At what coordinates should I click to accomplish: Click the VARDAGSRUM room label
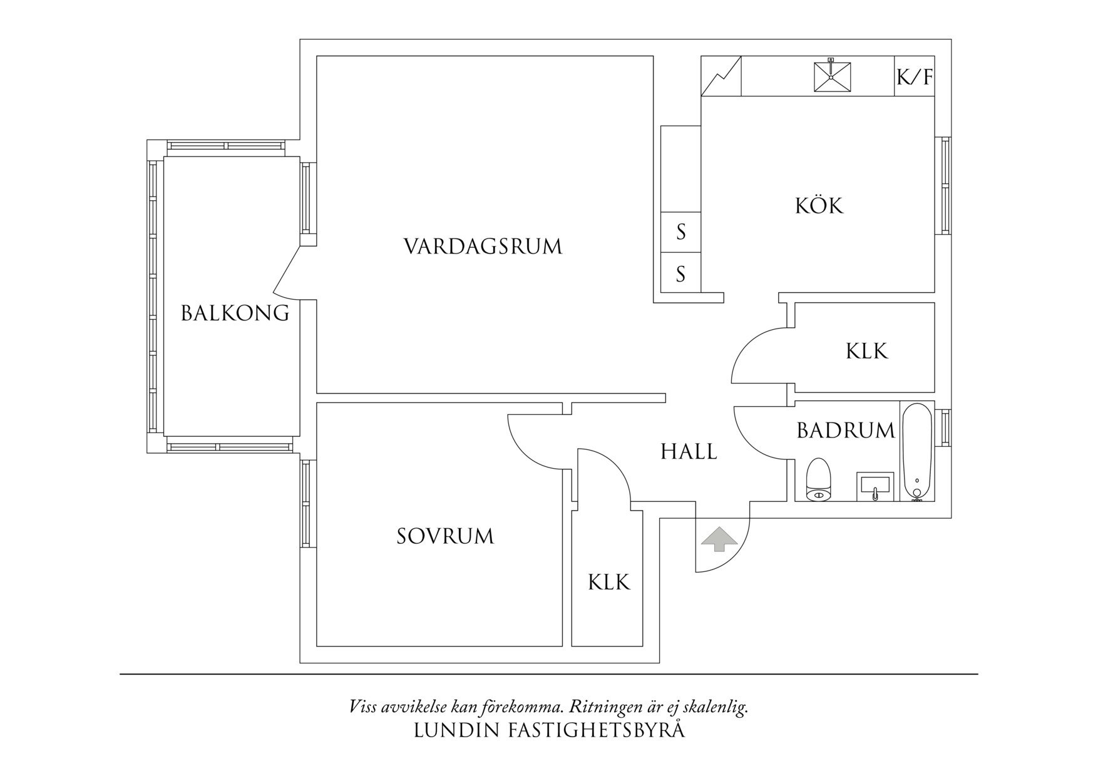click(x=483, y=247)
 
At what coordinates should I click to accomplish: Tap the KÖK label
click(x=819, y=206)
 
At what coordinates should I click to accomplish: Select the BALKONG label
click(x=235, y=313)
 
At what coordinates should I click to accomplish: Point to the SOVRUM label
click(x=445, y=536)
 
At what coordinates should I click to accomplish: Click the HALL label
click(x=689, y=451)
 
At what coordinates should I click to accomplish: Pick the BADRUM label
click(x=846, y=431)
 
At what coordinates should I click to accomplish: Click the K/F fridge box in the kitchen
click(x=915, y=78)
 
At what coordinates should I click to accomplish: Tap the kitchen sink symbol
click(x=832, y=76)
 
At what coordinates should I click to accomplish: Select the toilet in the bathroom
click(x=818, y=480)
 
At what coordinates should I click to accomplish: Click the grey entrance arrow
click(x=719, y=539)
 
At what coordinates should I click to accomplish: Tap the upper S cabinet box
click(x=680, y=232)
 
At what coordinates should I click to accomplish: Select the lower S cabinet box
click(x=680, y=273)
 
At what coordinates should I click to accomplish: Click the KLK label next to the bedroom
click(x=608, y=583)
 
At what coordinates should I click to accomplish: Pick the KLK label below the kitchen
click(x=866, y=351)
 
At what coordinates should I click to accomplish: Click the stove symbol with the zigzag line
click(x=721, y=76)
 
